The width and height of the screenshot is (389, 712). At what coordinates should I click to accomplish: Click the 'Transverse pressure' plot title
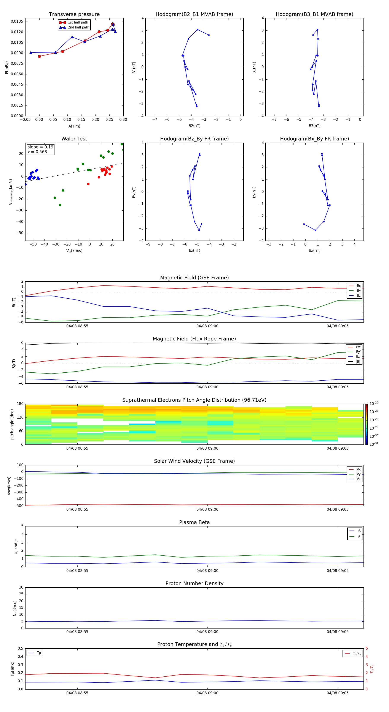[74, 14]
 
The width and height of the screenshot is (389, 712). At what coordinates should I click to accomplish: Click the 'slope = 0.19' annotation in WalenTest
[40, 147]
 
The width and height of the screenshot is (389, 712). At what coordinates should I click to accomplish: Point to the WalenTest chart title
[74, 139]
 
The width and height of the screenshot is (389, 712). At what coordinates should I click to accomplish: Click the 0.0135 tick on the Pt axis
[17, 22]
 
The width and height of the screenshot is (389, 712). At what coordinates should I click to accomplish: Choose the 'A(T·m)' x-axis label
[74, 126]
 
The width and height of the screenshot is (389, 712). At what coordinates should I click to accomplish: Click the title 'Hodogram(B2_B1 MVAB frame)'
[194, 14]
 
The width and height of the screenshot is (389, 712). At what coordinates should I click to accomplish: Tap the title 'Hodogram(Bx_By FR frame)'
[314, 139]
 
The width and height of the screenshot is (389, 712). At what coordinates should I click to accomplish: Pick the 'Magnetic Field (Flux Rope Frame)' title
[194, 339]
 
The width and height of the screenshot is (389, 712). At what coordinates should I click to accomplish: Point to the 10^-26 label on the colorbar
[374, 403]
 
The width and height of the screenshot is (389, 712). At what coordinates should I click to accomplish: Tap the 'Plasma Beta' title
[194, 522]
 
